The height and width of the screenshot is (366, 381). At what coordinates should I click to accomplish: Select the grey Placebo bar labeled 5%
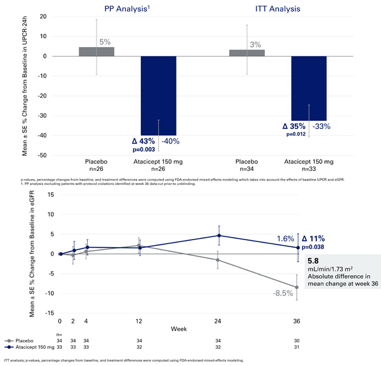(x=97, y=51)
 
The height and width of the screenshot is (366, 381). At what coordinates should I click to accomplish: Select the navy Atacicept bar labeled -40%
(x=159, y=95)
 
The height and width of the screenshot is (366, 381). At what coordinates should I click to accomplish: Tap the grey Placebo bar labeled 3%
(x=247, y=53)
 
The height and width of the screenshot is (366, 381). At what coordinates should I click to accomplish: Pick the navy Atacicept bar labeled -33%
(x=309, y=88)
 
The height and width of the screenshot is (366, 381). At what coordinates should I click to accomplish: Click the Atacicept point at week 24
(x=218, y=236)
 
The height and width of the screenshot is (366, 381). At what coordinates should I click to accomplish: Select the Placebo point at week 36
(x=297, y=287)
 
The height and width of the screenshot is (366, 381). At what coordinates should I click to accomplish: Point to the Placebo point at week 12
(x=140, y=245)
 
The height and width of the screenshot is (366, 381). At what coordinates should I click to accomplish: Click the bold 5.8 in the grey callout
(x=313, y=261)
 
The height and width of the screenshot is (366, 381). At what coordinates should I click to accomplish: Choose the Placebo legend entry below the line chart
(x=25, y=341)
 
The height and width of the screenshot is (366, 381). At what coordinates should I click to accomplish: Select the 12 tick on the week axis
(x=140, y=320)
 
